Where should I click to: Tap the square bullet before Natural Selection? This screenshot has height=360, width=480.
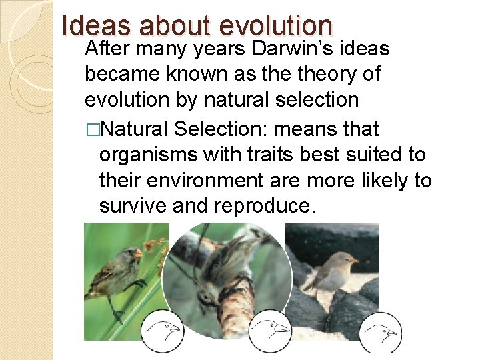pyautogui.click(x=92, y=128)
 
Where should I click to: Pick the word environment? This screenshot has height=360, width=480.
pyautogui.click(x=212, y=181)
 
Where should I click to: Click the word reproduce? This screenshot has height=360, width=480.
pyautogui.click(x=261, y=207)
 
